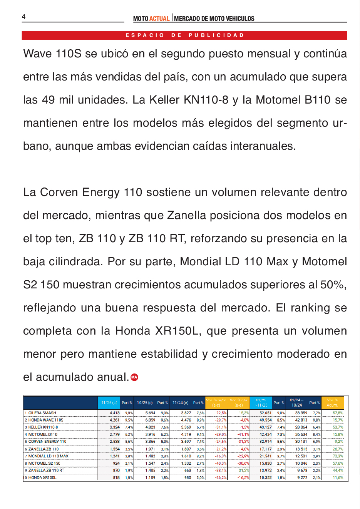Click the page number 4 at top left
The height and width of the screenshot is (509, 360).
24,17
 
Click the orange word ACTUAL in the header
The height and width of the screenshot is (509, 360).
159,18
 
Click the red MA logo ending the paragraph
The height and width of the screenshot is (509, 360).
134,377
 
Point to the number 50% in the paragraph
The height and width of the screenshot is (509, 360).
332,285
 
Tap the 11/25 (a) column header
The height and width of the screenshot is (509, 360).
109,403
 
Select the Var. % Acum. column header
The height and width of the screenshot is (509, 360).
332,403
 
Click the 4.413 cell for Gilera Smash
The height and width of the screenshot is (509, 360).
114,413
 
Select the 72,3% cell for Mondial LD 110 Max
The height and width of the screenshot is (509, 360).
338,456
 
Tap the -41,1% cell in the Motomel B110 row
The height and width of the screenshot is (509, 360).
243,435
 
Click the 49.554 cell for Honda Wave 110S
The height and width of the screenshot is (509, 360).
265,420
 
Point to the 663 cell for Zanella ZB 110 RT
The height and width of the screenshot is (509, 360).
188,470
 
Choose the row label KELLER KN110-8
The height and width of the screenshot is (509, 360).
43,427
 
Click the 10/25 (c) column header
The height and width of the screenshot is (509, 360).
145,403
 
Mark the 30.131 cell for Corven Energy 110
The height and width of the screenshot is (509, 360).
301,442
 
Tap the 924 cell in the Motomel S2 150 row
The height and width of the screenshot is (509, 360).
116,464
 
